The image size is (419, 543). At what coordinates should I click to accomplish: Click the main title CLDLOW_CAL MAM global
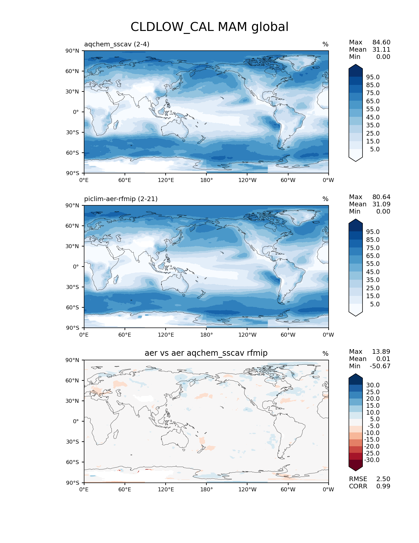[209, 27]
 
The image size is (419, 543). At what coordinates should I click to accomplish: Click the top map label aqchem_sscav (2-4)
[117, 44]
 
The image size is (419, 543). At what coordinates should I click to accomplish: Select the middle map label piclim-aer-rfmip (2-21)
[121, 199]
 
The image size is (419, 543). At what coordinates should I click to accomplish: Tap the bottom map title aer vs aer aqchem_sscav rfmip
[206, 353]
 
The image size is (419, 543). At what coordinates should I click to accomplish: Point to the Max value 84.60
[381, 42]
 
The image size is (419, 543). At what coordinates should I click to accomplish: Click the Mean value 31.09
[381, 204]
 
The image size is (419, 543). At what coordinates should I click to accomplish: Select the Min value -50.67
[380, 366]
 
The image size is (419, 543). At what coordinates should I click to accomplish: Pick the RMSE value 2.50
[383, 479]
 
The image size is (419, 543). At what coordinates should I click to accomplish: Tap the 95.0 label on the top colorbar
[373, 77]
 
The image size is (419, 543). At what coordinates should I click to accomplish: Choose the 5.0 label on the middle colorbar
[375, 304]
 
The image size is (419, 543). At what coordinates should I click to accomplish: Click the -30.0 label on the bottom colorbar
[372, 460]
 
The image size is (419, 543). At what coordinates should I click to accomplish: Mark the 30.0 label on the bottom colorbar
[373, 385]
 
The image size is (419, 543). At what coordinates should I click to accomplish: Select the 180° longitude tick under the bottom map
[206, 490]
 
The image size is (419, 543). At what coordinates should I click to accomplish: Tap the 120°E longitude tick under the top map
[166, 180]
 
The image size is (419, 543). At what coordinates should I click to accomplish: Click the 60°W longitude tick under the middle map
[288, 335]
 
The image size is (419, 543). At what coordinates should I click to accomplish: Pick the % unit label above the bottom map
[325, 354]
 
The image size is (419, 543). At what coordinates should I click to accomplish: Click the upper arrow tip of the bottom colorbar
[356, 375]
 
